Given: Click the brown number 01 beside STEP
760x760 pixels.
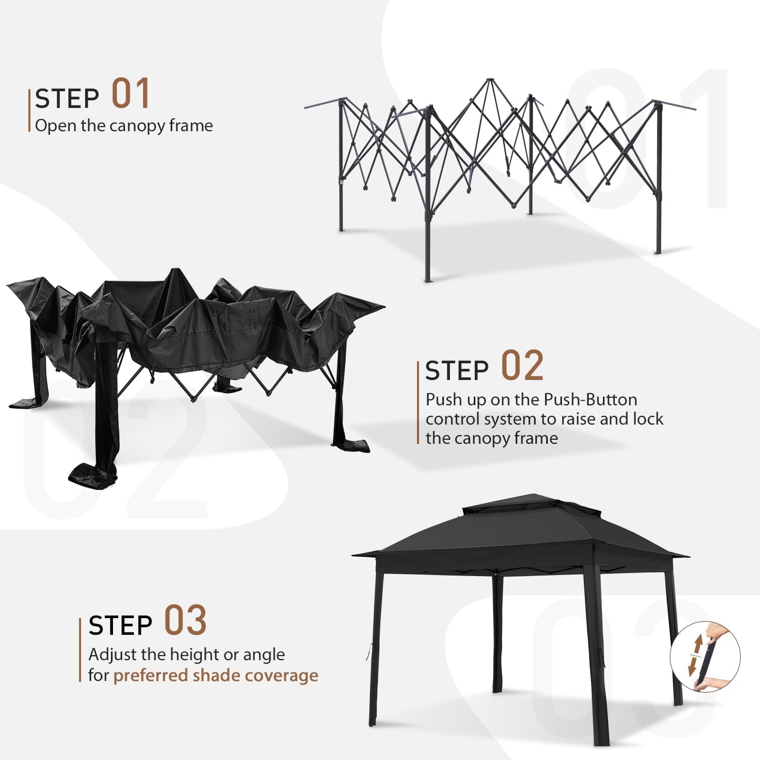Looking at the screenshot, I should tap(131, 94).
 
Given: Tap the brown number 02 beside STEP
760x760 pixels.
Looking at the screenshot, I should tap(522, 366).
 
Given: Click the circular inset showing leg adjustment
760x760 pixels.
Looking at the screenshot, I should tap(705, 658).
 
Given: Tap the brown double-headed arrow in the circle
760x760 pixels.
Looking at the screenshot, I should tap(696, 655).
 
